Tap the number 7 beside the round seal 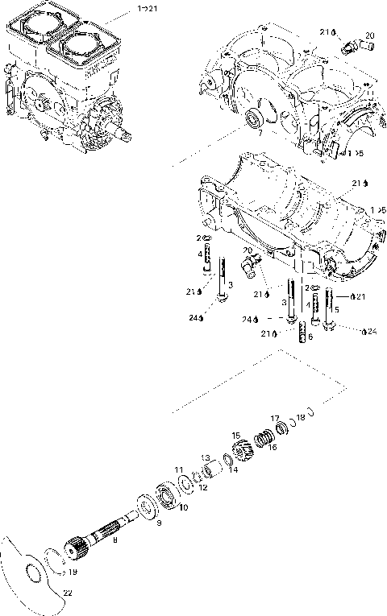pyautogui.click(x=260, y=132)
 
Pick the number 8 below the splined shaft pyautogui.click(x=114, y=542)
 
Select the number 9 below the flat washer pyautogui.click(x=159, y=523)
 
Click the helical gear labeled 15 pyautogui.click(x=239, y=448)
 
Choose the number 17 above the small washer pyautogui.click(x=275, y=418)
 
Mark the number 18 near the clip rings pyautogui.click(x=301, y=417)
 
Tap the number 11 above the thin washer pyautogui.click(x=179, y=468)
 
